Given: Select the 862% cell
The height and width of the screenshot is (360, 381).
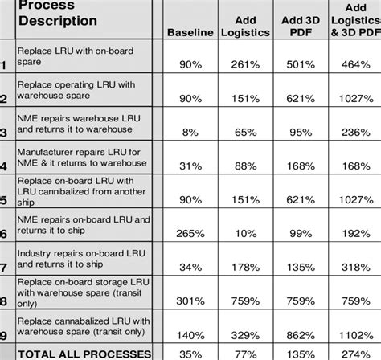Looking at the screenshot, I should click(x=301, y=332).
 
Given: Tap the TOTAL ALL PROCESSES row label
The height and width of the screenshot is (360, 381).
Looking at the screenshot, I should click(x=84, y=353).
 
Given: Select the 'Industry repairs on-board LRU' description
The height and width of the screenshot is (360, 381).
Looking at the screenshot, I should click(x=80, y=256).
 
